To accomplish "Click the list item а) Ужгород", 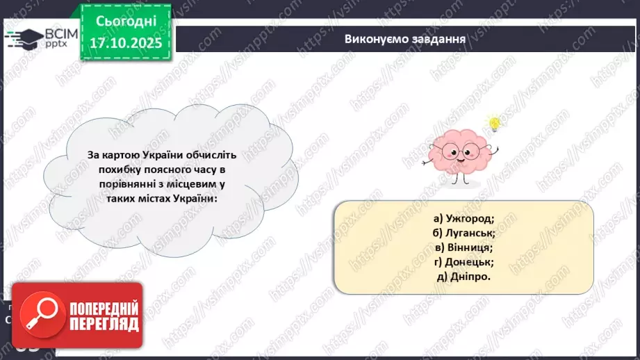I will click(x=463, y=218).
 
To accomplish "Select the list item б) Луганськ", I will click(x=463, y=232).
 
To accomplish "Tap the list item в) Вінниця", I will click(x=463, y=247).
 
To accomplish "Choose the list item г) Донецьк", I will click(x=463, y=261).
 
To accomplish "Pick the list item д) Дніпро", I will click(x=463, y=276).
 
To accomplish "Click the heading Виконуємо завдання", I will click(x=404, y=38).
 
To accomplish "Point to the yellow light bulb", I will click(x=494, y=124).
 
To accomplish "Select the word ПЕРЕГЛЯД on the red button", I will click(x=104, y=325).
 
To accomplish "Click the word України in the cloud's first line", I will click(x=188, y=155).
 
